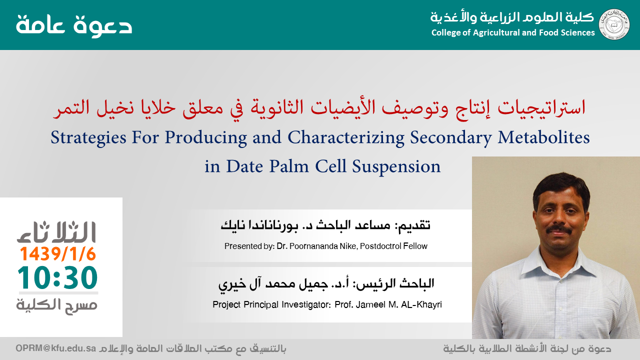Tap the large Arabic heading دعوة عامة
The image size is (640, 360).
[74, 25]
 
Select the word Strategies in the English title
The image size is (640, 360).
[88, 137]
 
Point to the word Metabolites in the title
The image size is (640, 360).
[543, 137]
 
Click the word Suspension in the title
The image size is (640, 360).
[396, 166]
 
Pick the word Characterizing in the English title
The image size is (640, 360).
[346, 137]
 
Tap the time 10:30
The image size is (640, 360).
[57, 277]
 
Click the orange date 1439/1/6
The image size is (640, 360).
[57, 253]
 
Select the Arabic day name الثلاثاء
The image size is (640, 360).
[56, 232]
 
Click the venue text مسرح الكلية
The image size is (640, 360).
[56, 305]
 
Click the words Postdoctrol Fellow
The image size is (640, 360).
[393, 246]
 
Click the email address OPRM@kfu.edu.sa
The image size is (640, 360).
[55, 348]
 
